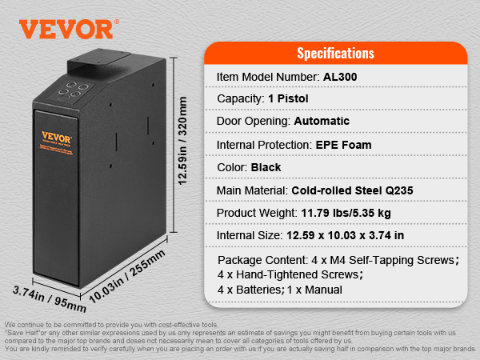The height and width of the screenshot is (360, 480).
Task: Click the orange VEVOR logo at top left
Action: tap(66, 28)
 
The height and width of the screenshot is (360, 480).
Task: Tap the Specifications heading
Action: tap(335, 54)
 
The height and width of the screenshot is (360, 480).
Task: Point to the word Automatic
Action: tap(322, 122)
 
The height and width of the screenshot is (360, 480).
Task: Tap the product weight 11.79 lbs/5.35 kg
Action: tap(346, 214)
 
